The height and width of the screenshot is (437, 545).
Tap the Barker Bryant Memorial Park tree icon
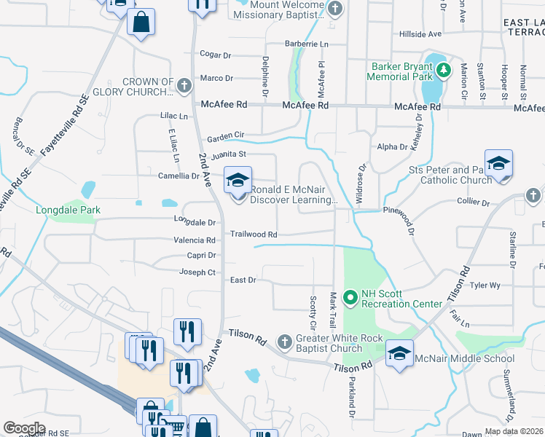442,71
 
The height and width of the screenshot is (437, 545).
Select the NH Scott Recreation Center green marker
350,296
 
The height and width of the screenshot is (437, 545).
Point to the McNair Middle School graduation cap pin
399,354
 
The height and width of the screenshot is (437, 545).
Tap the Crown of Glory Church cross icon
184,87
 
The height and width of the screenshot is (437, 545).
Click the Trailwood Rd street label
254,235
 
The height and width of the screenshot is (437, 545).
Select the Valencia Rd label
194,240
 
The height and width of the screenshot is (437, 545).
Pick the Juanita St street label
229,154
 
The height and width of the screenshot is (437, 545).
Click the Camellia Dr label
179,176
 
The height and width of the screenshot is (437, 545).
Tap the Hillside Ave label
420,34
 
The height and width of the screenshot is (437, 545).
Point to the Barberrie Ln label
306,44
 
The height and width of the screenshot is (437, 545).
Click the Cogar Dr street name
215,55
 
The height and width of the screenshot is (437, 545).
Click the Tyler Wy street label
485,286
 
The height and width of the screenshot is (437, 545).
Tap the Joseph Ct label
197,272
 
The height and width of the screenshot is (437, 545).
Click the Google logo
24,428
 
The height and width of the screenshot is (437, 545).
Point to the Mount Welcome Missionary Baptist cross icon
334,9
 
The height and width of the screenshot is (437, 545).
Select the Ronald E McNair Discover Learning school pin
238,181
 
